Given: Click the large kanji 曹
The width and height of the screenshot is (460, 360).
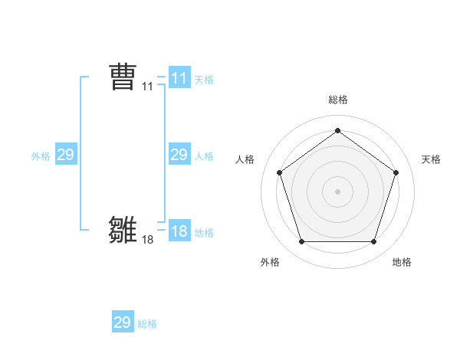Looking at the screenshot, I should point(123,77).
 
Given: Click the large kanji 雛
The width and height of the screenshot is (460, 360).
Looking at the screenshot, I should point(123,230).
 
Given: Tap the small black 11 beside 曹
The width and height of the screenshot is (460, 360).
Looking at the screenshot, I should point(148,87).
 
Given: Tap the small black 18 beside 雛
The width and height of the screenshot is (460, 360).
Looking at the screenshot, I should point(148,240).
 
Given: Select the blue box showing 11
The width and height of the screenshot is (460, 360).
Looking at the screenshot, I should point(179,78).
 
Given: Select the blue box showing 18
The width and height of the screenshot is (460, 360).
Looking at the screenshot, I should point(179,231).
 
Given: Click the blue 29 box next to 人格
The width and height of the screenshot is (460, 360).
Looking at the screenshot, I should point(179,155).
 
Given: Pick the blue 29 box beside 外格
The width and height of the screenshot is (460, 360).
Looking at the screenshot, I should point(66,155).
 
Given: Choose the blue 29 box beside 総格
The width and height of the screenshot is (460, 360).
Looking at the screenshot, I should point(123,322).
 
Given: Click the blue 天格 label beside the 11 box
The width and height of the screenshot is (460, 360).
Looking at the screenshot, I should point(204,79).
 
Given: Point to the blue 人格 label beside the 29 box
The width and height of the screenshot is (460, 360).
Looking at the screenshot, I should point(204,155).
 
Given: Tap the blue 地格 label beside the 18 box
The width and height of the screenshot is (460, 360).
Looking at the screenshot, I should point(204,232).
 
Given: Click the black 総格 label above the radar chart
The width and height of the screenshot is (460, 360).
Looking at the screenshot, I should point(338,100).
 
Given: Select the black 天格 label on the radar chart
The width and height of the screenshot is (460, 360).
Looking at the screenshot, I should point(431,159).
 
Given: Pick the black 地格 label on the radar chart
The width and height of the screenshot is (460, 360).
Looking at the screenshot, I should point(402,262).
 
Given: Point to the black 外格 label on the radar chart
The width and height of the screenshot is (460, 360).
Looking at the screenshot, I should point(270,262).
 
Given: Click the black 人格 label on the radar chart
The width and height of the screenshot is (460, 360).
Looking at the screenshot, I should point(245,159).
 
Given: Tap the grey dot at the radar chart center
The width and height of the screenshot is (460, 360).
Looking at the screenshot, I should point(337,191).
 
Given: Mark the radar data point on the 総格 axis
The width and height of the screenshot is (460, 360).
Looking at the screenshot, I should point(337,131).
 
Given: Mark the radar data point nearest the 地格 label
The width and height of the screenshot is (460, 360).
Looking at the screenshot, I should point(373,242).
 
